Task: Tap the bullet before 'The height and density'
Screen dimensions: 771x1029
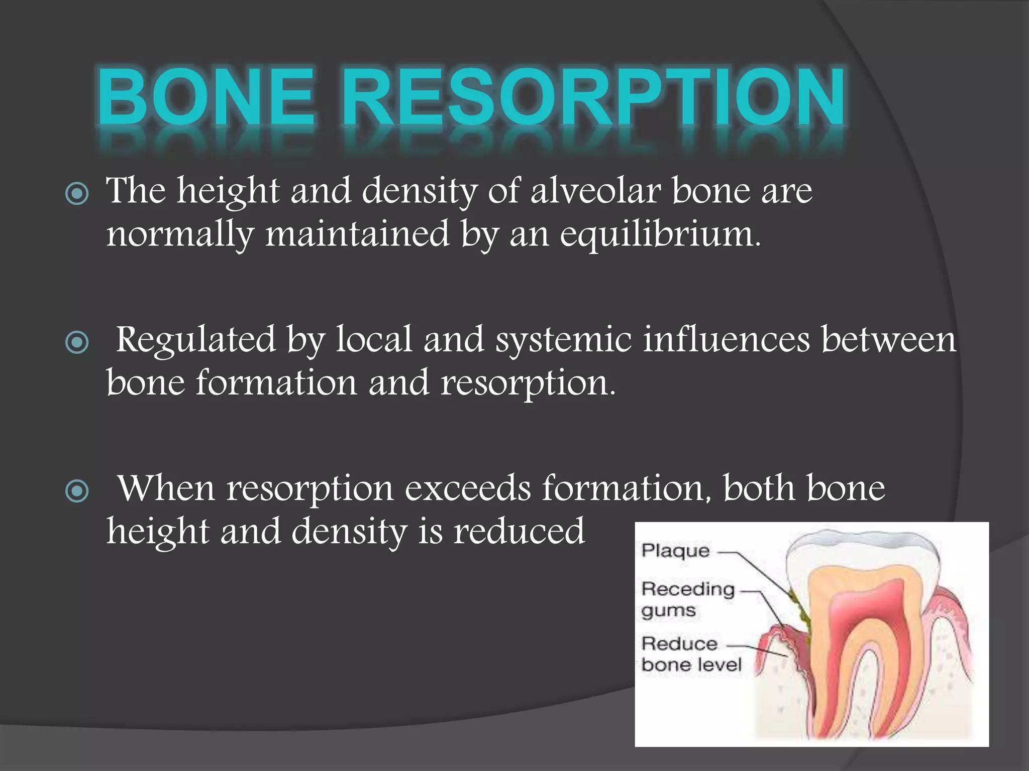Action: [77, 194]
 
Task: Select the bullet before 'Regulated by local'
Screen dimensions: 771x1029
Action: [77, 342]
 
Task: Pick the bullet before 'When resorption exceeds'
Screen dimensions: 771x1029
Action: [77, 491]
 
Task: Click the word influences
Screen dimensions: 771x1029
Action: [726, 339]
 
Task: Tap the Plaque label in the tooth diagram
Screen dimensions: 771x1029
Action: [675, 551]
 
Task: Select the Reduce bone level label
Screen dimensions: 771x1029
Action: [691, 654]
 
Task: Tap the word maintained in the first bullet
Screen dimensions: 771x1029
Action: [357, 235]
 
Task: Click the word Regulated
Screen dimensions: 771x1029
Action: [196, 339]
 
